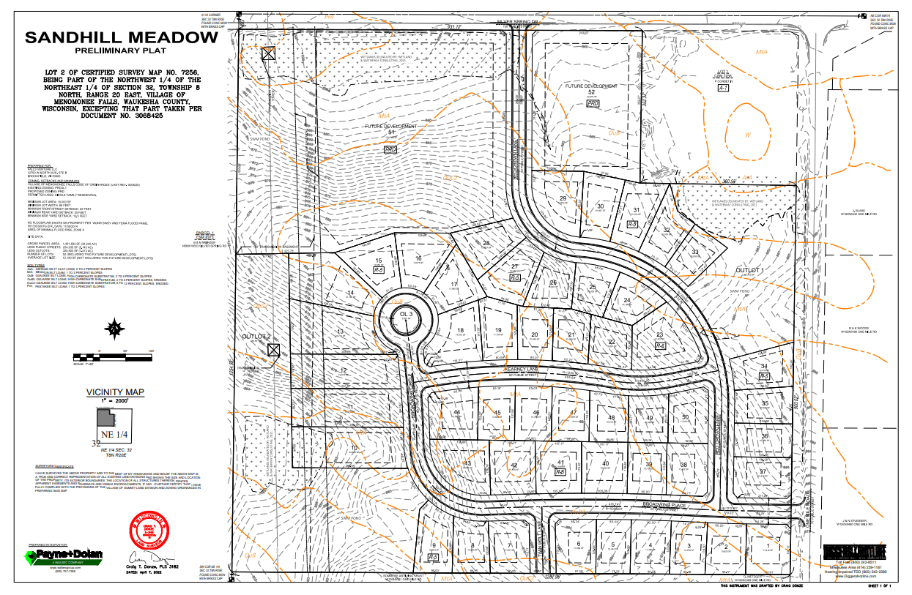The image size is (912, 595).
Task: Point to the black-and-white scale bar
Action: click(114, 356)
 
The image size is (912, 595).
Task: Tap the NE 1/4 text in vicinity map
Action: click(113, 435)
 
